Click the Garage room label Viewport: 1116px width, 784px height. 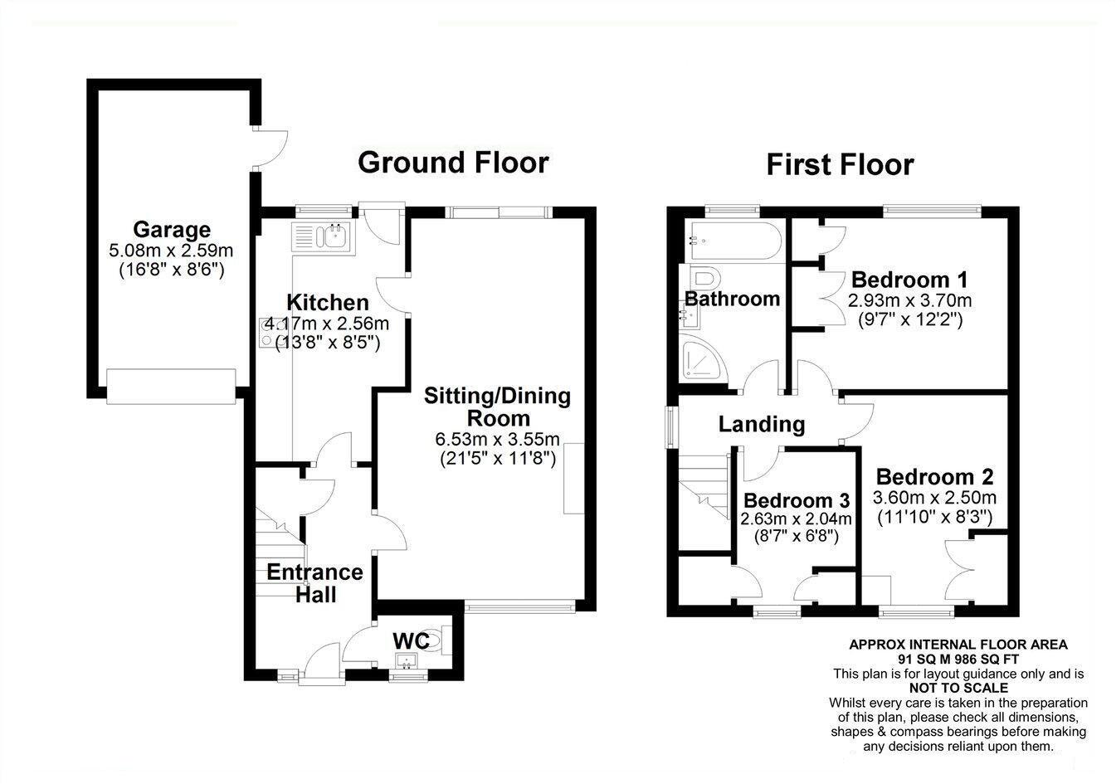pos(172,229)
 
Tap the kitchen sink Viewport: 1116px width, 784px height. pos(324,237)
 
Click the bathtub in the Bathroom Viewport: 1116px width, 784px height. pos(733,240)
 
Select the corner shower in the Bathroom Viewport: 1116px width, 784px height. pos(700,360)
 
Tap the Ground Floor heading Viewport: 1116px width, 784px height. pos(453,162)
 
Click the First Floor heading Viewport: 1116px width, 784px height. pos(839,164)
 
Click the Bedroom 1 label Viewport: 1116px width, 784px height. pos(909,279)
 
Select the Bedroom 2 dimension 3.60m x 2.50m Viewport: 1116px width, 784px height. pos(934,498)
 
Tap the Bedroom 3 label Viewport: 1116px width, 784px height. pos(796,500)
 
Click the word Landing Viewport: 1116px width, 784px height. pos(761,425)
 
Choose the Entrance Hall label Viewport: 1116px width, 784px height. pos(314,582)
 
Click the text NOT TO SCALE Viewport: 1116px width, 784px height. pos(958,688)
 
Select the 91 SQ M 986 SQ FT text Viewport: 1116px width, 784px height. pos(958,658)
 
